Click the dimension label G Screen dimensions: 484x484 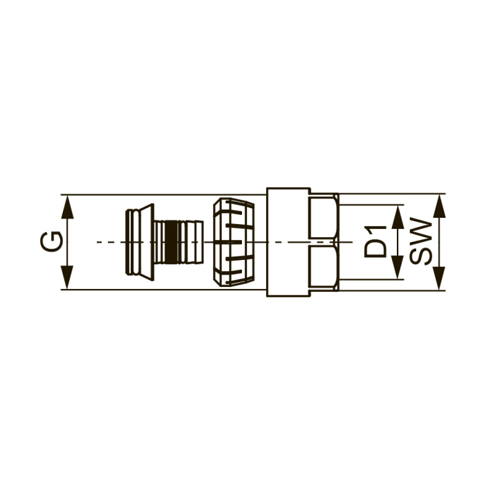(x=52, y=241)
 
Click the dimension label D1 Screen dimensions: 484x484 (x=375, y=242)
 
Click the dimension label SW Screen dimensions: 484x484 (x=421, y=241)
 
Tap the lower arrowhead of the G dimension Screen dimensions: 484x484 (x=67, y=277)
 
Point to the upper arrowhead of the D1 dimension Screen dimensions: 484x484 (x=398, y=217)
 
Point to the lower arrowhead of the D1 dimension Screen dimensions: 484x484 (x=398, y=268)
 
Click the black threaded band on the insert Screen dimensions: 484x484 (x=171, y=242)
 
